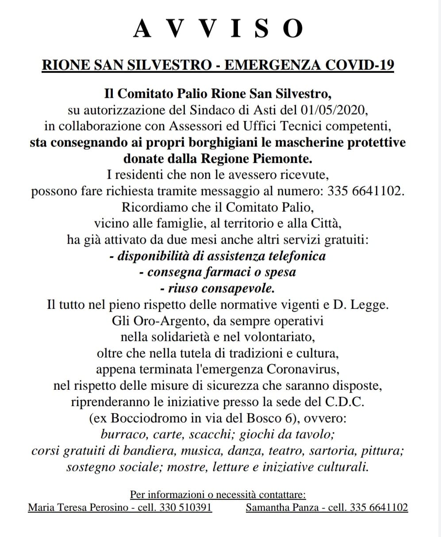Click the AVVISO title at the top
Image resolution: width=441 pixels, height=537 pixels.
(219, 29)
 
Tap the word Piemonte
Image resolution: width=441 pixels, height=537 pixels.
(281, 158)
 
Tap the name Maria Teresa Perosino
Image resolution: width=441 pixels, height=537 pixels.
(79, 507)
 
